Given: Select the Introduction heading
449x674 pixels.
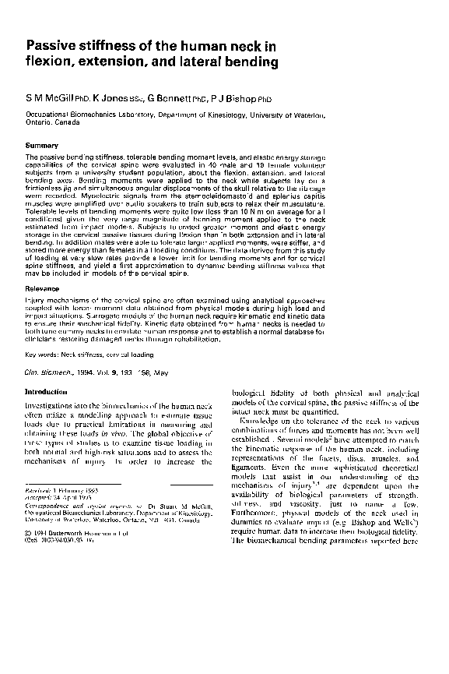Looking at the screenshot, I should click(47, 391).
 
